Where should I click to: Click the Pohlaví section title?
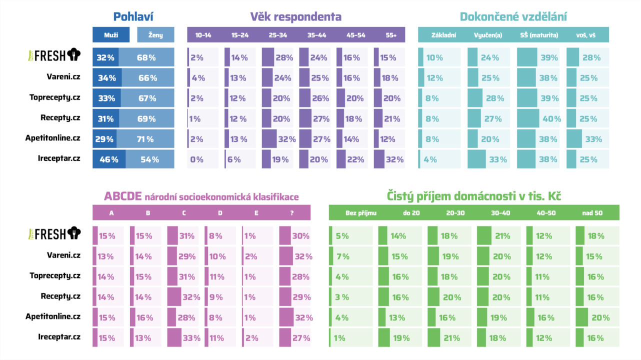[133, 16]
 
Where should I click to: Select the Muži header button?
[111, 35]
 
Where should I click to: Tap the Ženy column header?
[156, 35]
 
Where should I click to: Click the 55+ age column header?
[391, 35]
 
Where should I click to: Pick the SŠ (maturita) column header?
[542, 35]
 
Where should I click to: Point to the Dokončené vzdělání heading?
[513, 16]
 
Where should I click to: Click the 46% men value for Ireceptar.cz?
[109, 159]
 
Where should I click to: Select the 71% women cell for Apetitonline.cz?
[145, 139]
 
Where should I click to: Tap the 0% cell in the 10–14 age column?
[196, 159]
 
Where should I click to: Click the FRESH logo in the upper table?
[54, 55]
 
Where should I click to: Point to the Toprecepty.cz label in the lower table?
[55, 275]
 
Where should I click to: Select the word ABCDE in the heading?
[122, 196]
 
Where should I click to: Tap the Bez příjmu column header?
[360, 213]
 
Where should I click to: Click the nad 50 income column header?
[592, 213]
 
